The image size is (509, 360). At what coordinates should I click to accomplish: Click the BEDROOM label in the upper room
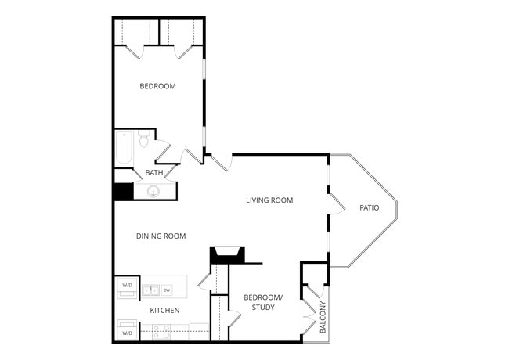[x=157, y=86]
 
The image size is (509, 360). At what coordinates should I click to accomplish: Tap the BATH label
[x=154, y=172]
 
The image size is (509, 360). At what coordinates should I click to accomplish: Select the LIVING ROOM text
[x=269, y=200]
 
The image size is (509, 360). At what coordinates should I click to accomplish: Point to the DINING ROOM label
[x=161, y=236]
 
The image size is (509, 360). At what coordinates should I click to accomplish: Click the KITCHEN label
[x=164, y=311]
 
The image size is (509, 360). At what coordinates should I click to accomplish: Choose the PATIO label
[x=370, y=207]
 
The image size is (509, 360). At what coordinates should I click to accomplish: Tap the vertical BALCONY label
[x=323, y=317]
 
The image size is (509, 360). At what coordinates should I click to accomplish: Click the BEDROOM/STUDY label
[x=263, y=302]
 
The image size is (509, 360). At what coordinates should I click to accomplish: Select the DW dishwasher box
[x=167, y=290]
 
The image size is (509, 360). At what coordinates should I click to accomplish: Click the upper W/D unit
[x=127, y=287]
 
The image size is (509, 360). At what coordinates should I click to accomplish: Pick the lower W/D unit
[x=127, y=329]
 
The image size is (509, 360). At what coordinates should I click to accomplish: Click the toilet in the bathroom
[x=143, y=139]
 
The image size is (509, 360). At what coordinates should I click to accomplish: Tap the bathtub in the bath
[x=125, y=148]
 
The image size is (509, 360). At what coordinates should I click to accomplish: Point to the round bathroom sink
[x=153, y=192]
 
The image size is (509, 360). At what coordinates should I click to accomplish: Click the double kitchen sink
[x=150, y=290]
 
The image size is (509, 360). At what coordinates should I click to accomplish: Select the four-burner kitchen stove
[x=161, y=332]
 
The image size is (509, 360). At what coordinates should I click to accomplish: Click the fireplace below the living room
[x=227, y=254]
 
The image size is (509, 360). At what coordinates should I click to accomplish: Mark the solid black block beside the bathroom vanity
[x=124, y=192]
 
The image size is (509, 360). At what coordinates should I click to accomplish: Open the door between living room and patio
[x=336, y=204]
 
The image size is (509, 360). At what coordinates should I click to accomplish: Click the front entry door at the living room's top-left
[x=222, y=163]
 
